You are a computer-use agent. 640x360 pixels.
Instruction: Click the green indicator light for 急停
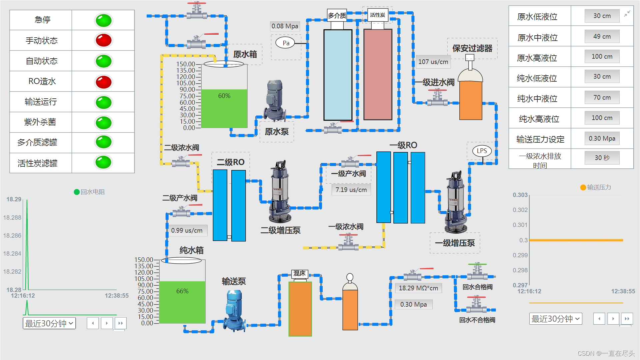pyautogui.click(x=104, y=20)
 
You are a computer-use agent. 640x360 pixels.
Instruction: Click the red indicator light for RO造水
pyautogui.click(x=104, y=82)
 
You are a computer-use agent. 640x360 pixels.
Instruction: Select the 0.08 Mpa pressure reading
pyautogui.click(x=285, y=26)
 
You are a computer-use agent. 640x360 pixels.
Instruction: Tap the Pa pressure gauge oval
pyautogui.click(x=286, y=43)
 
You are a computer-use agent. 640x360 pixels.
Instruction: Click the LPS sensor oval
pyautogui.click(x=482, y=151)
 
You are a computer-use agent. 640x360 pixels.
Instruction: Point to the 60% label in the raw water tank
pyautogui.click(x=224, y=96)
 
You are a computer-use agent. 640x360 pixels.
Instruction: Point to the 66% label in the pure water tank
pyautogui.click(x=182, y=291)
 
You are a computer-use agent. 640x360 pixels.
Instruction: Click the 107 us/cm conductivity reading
pyautogui.click(x=433, y=62)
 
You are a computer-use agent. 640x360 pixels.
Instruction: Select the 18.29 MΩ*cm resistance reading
pyautogui.click(x=418, y=288)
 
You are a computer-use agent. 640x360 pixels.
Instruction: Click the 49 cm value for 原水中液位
pyautogui.click(x=602, y=36)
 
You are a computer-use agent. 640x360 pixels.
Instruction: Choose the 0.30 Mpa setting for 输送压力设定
pyautogui.click(x=602, y=138)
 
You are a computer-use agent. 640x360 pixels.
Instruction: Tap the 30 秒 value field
pyautogui.click(x=602, y=158)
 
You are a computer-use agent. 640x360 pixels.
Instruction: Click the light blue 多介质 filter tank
pyautogui.click(x=338, y=75)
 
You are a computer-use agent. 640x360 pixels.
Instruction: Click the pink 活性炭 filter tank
pyautogui.click(x=378, y=75)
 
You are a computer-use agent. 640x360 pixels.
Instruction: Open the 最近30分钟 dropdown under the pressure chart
pyautogui.click(x=555, y=319)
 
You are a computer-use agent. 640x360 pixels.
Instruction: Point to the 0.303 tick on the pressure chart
pyautogui.click(x=520, y=195)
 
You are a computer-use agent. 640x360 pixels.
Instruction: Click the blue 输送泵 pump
pyautogui.click(x=234, y=310)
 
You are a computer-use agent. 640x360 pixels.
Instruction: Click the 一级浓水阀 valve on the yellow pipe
pyautogui.click(x=348, y=242)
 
